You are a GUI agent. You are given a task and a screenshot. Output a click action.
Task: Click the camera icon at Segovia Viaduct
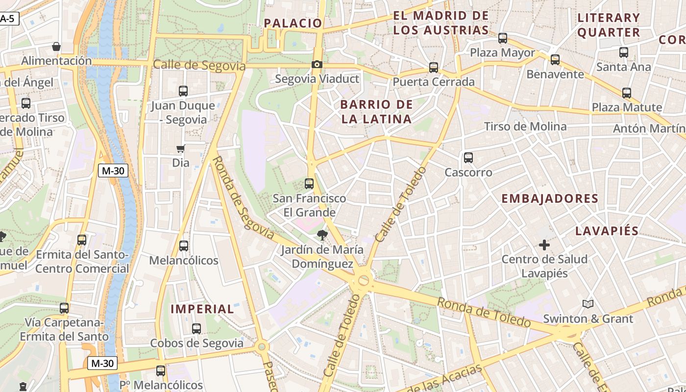tap(317, 64)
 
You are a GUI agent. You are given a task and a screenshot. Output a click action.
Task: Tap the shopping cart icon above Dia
tap(181, 148)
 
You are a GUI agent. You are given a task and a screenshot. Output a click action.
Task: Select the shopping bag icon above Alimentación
tap(56, 47)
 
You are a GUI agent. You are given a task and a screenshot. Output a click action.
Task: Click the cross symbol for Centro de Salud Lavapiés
tap(544, 245)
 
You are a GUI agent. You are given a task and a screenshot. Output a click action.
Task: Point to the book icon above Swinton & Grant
tap(588, 304)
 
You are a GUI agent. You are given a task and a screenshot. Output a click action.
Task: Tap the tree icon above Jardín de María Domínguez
tap(322, 235)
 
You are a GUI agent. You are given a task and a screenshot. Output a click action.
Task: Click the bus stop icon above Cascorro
tap(468, 158)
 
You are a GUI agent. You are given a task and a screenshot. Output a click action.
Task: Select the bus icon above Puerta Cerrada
tap(434, 68)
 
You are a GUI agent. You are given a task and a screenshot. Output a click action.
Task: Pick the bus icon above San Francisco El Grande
tap(309, 184)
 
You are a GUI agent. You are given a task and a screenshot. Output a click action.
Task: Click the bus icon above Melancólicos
tap(184, 246)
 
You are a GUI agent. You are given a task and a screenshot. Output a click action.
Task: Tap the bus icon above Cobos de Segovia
tap(196, 329)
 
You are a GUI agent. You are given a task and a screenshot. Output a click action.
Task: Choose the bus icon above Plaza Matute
tap(626, 93)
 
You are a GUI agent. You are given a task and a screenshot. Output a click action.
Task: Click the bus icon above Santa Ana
tap(624, 52)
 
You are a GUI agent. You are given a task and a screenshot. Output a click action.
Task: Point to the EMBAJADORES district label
tap(550, 198)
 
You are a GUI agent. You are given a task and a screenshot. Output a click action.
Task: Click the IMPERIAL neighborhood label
tap(202, 309)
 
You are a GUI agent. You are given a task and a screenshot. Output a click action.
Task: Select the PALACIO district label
tap(293, 23)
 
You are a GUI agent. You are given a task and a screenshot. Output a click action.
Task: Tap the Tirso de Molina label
tap(525, 126)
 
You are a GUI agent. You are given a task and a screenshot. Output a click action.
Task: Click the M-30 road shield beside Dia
tap(113, 171)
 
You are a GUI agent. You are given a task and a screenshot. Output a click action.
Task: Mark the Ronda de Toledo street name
tap(484, 312)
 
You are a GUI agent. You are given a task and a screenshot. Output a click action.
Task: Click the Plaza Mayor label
tap(503, 52)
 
